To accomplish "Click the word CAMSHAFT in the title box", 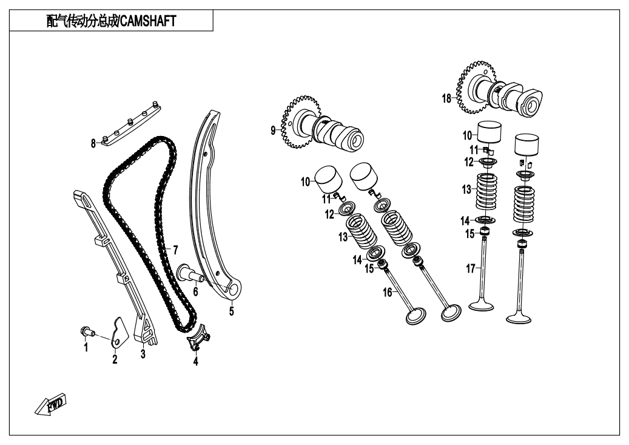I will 148,21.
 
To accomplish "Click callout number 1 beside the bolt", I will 86,347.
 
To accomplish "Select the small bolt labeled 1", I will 87,331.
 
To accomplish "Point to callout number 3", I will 143,354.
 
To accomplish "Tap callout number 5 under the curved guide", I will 231,312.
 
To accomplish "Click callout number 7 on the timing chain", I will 175,250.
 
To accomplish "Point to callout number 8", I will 93,144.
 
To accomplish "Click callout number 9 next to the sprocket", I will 274,129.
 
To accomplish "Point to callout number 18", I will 447,98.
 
